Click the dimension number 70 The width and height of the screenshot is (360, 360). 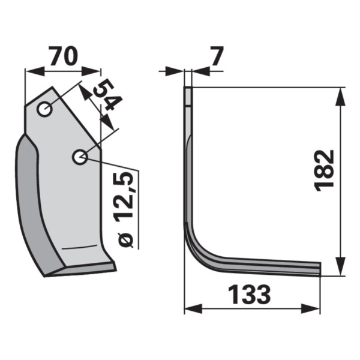pos(64,56)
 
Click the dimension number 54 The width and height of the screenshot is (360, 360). pos(107,94)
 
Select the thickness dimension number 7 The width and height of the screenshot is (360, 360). pos(217,56)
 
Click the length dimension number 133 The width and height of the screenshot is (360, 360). pos(250,295)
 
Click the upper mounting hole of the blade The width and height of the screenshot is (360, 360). pos(44,109)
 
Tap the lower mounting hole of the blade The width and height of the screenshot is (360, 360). pos(80,157)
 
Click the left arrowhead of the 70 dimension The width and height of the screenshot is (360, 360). pos(34,71)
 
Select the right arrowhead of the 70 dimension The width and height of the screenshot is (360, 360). pos(91,71)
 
